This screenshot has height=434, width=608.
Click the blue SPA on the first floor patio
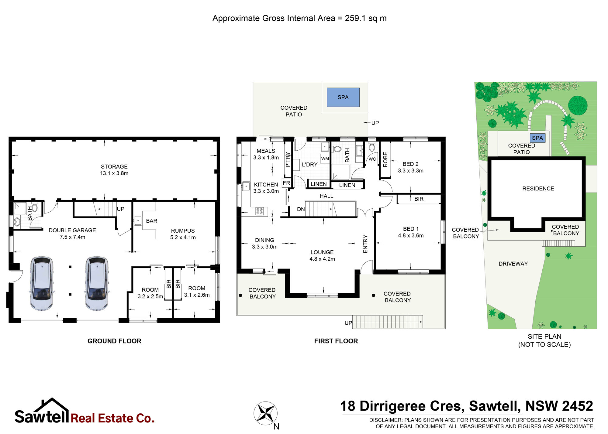tap(343, 97)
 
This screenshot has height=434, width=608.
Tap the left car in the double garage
tap(42, 284)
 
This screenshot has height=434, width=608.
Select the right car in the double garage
tap(97, 284)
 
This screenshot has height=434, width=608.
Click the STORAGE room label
tap(114, 166)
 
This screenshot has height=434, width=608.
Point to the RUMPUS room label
tap(183, 231)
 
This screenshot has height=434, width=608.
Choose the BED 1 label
tap(411, 229)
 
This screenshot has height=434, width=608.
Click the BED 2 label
tap(410, 164)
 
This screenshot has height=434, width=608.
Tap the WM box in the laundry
tap(325, 159)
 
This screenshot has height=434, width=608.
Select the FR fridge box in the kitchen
tap(286, 183)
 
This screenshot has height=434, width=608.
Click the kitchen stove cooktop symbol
tap(260, 211)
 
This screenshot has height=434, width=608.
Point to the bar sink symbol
tap(138, 220)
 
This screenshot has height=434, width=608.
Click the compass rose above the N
tap(265, 413)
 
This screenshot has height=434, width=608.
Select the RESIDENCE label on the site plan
tap(538, 189)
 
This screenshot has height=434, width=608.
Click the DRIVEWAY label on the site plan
tap(513, 264)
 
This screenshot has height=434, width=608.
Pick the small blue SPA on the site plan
tap(537, 138)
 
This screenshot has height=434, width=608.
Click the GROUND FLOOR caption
tap(114, 341)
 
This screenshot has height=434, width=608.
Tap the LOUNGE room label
tap(322, 252)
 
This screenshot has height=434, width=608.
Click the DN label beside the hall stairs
tap(301, 209)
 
